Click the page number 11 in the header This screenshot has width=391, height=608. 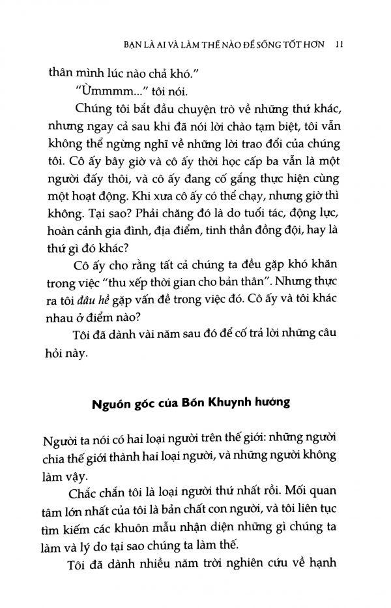(x=338, y=45)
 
